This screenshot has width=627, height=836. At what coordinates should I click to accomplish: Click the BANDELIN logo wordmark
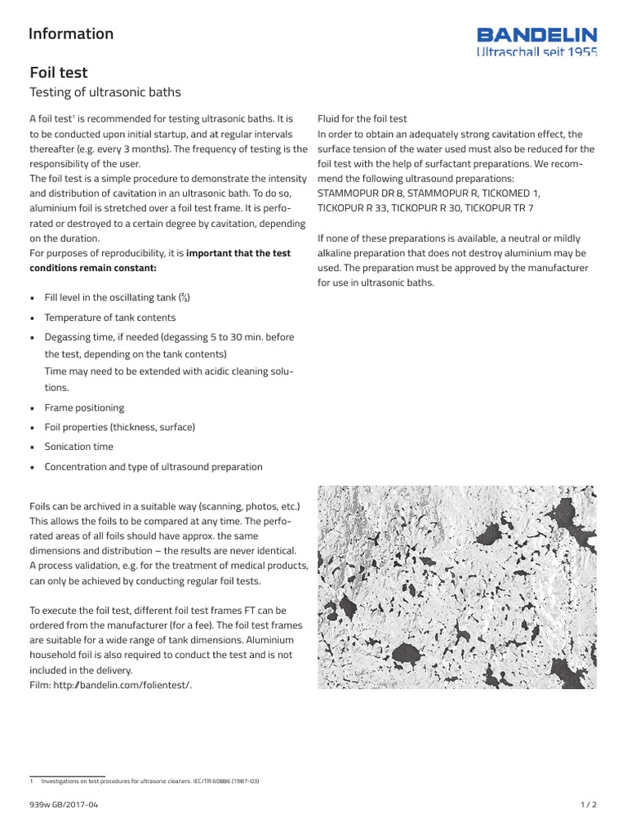point(536,35)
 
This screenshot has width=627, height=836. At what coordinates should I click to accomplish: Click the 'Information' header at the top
point(71,33)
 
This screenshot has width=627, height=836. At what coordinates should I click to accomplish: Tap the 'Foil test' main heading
point(58,73)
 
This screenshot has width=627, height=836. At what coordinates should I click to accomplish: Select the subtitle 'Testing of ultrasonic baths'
point(104,92)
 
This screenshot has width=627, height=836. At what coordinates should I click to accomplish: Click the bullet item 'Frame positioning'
point(84,407)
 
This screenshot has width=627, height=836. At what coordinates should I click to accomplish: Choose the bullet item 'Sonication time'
point(78,447)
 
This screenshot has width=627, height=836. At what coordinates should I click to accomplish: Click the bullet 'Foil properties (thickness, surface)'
point(119,427)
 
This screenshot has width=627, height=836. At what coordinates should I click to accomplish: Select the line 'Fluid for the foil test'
point(362,119)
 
